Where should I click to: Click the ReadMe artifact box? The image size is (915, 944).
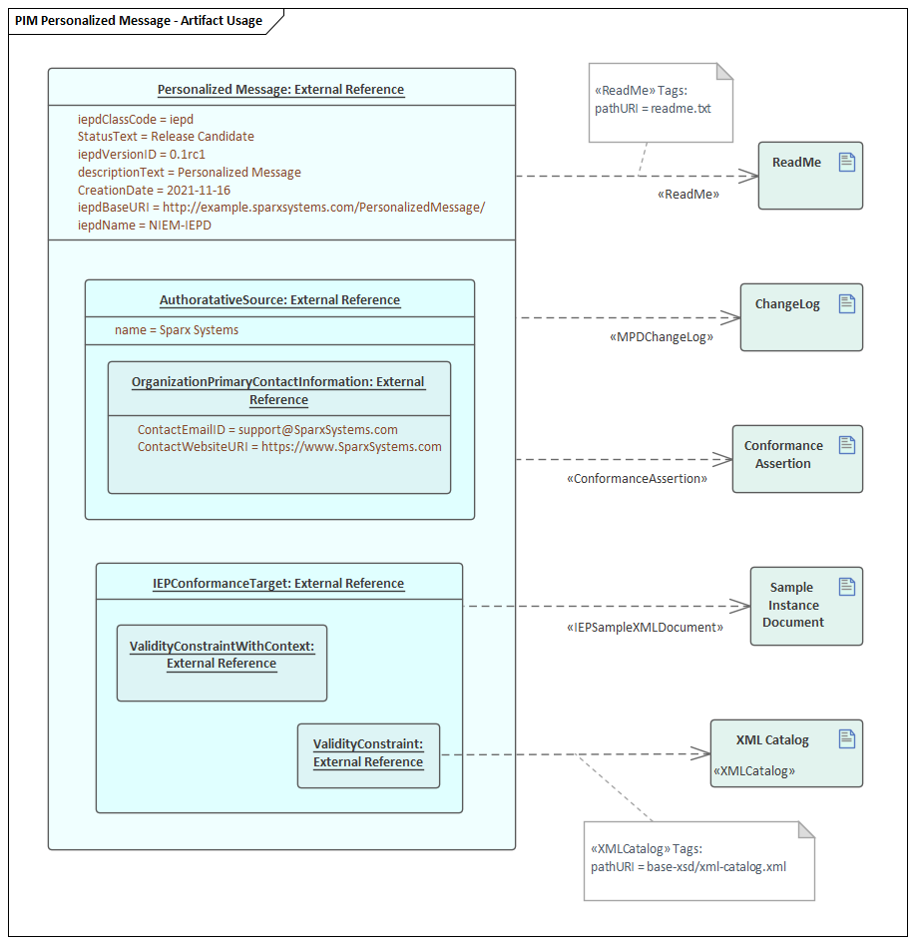pyautogui.click(x=809, y=176)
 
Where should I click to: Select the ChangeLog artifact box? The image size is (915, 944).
pyautogui.click(x=800, y=317)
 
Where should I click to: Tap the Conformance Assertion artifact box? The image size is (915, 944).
pyautogui.click(x=796, y=459)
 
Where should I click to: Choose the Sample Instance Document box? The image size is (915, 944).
pyautogui.click(x=805, y=606)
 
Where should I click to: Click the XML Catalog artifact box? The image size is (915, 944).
pyautogui.click(x=785, y=753)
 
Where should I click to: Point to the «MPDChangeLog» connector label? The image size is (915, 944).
pyautogui.click(x=661, y=337)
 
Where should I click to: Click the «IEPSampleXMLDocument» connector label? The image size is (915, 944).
pyautogui.click(x=645, y=628)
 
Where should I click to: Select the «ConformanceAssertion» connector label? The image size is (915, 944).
pyautogui.click(x=637, y=479)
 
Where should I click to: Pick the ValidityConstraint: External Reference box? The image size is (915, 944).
pyautogui.click(x=368, y=755)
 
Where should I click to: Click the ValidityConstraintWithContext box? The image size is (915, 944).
pyautogui.click(x=222, y=663)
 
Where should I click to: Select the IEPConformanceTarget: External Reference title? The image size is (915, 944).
pyautogui.click(x=278, y=584)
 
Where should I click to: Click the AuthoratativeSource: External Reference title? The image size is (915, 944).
pyautogui.click(x=279, y=300)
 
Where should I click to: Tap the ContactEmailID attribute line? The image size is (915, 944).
pyautogui.click(x=267, y=429)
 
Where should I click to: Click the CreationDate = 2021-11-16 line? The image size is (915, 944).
pyautogui.click(x=154, y=190)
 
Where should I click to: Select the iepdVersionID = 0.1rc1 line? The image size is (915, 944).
pyautogui.click(x=141, y=155)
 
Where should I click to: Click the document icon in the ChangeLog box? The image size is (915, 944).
pyautogui.click(x=847, y=304)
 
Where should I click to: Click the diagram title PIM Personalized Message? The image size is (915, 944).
pyautogui.click(x=140, y=20)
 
